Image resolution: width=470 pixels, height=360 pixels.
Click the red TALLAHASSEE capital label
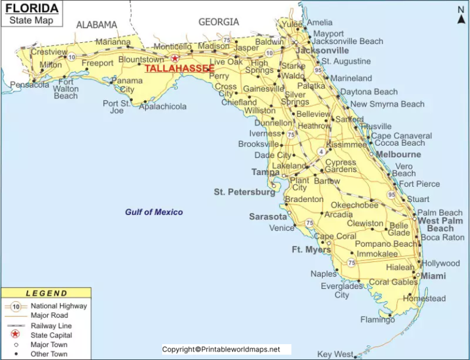tap(179, 69)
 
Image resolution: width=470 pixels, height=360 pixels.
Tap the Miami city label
tap(433, 276)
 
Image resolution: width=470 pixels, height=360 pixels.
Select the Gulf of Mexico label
tap(154, 212)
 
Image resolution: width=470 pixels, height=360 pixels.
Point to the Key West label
tap(335, 354)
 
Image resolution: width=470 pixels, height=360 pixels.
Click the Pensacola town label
tap(29, 84)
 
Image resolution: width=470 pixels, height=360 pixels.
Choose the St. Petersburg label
tap(244, 192)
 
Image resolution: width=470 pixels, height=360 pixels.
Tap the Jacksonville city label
tap(323, 50)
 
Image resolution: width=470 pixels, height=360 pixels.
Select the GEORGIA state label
tap(218, 22)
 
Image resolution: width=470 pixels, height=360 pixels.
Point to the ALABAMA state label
tap(96, 24)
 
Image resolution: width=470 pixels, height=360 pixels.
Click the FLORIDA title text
tap(32, 9)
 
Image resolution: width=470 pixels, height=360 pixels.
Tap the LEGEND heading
tap(47, 293)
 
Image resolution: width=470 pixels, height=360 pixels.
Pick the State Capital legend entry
tap(51, 335)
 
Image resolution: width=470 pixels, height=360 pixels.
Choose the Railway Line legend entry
tap(51, 325)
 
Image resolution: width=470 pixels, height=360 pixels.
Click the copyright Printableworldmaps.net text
tap(221, 350)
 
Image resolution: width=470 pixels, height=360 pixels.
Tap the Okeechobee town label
tap(354, 205)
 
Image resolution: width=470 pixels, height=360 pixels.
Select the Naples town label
tap(323, 274)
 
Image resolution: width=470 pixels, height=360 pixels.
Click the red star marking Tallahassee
tap(174, 58)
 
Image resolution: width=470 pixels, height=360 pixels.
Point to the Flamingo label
tap(378, 320)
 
